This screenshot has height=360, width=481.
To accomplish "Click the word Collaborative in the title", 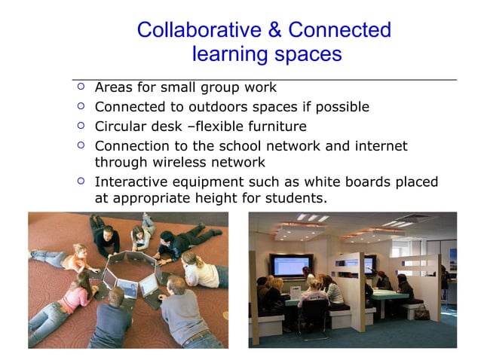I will tap(196, 30).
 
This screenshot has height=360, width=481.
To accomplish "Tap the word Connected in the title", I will tap(340, 30).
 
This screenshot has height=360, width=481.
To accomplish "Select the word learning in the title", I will tap(228, 54).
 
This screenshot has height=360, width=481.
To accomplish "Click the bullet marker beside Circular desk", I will tap(81, 126).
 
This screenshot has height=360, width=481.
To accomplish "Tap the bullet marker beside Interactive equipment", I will tap(81, 182).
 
